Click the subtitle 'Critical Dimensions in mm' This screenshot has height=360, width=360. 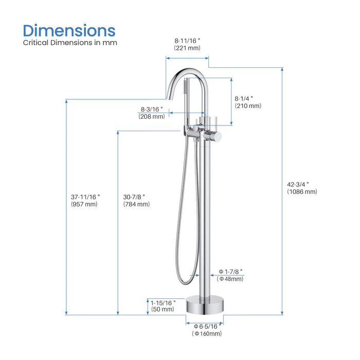70,43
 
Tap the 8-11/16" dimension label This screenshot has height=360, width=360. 187,40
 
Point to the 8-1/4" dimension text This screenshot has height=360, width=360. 244,98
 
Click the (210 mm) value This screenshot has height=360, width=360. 248,106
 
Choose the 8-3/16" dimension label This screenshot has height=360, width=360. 151,109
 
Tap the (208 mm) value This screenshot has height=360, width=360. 151,117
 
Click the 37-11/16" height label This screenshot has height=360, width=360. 85,196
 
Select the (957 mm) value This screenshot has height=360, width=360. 84,204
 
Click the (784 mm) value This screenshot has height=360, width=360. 137,204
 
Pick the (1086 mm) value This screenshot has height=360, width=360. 302,192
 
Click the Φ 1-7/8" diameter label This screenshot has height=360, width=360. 230,271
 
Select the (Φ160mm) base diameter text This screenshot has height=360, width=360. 207,334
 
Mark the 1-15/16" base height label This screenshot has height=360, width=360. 163,302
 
